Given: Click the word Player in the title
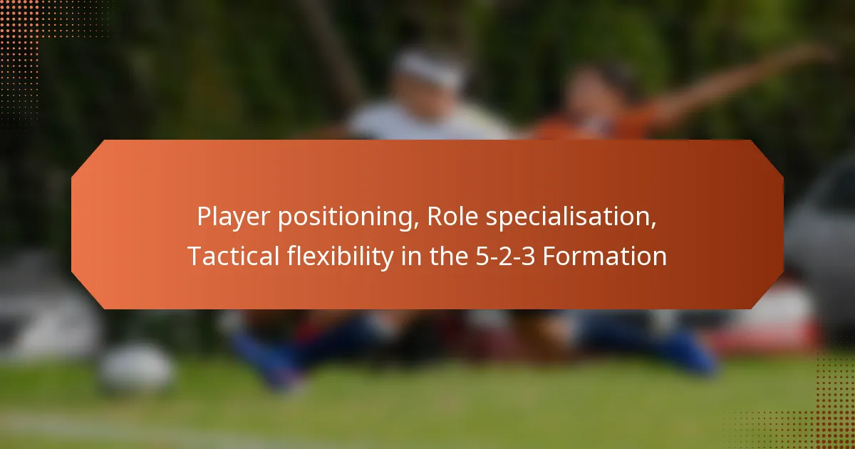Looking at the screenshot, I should tap(234, 217).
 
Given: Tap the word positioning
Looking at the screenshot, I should tap(347, 217).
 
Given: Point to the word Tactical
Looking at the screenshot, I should tap(233, 256).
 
